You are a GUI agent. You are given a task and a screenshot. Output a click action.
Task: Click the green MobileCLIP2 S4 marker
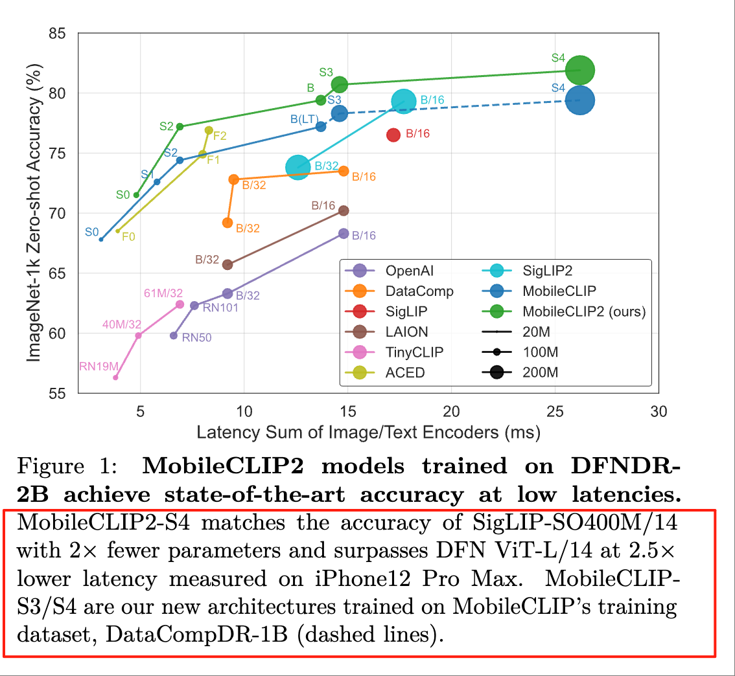pyautogui.click(x=580, y=70)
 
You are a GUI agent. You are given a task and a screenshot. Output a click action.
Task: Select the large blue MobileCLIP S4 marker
pyautogui.click(x=581, y=100)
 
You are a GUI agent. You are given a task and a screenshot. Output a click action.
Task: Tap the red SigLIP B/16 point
pyautogui.click(x=393, y=135)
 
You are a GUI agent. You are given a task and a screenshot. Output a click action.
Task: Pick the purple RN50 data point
pyautogui.click(x=174, y=335)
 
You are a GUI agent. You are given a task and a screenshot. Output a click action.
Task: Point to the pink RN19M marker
pyautogui.click(x=115, y=377)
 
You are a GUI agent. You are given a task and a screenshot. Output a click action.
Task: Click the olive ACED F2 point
pyautogui.click(x=209, y=130)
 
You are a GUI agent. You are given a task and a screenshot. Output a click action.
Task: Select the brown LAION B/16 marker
pyautogui.click(x=344, y=210)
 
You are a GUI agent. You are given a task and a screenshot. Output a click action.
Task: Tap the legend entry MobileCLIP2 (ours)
pyautogui.click(x=584, y=311)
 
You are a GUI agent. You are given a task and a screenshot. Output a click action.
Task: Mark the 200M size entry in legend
pyautogui.click(x=540, y=372)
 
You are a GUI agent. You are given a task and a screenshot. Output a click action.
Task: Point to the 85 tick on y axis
pyautogui.click(x=62, y=33)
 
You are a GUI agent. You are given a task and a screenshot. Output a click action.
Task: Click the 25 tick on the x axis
pyautogui.click(x=555, y=412)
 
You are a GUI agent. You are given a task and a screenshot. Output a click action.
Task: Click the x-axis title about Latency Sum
pyautogui.click(x=368, y=433)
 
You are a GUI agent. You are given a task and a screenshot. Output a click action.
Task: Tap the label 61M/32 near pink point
pyautogui.click(x=163, y=293)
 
